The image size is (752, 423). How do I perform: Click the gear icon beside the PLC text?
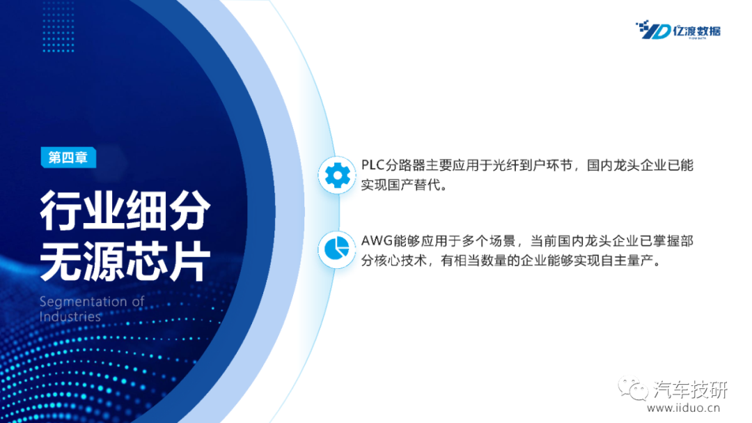[337, 175]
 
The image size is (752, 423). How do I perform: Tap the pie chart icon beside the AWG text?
[337, 249]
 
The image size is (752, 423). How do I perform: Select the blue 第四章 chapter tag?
[68, 157]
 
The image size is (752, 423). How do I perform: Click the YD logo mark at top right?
[652, 30]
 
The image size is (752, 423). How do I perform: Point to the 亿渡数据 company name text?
[696, 31]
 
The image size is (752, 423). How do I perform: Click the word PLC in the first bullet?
[373, 165]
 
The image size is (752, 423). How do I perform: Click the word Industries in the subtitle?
[70, 317]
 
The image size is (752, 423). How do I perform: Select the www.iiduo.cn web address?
[684, 408]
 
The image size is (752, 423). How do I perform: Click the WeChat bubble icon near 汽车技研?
[632, 388]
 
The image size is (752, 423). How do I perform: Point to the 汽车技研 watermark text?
[690, 389]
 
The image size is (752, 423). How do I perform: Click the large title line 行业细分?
[125, 210]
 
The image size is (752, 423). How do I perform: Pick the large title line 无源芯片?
[125, 261]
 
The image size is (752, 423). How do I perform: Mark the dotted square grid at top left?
[58, 26]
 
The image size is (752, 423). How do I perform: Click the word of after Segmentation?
[138, 302]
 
